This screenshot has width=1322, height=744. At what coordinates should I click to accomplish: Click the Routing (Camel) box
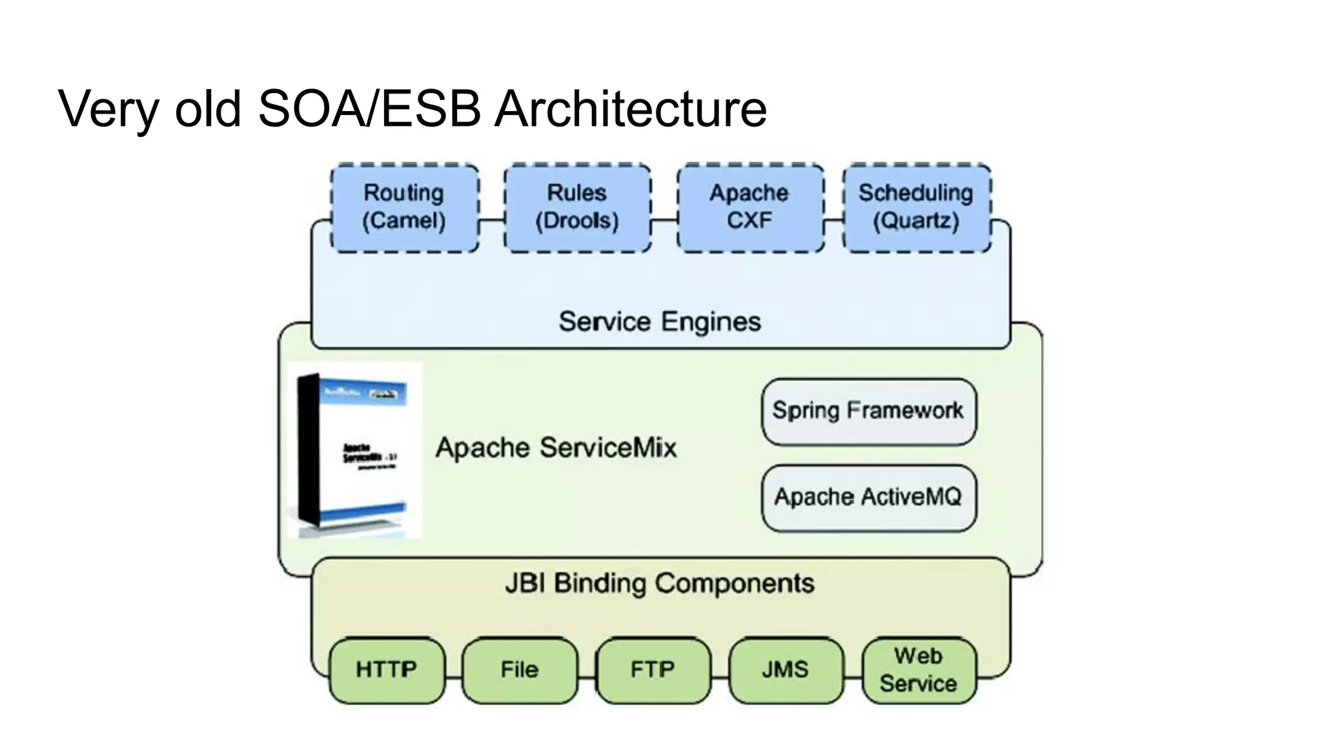[x=405, y=207]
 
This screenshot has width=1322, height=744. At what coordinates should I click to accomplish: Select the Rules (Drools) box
[x=577, y=207]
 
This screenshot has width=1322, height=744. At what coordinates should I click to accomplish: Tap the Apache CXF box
[x=750, y=207]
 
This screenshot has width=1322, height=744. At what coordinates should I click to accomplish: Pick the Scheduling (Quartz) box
[x=917, y=207]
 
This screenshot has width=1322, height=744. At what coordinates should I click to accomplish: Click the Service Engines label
[x=660, y=322]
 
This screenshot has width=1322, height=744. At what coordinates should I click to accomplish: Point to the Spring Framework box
[x=868, y=411]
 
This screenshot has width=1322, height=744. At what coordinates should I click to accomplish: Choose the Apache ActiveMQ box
[x=868, y=497]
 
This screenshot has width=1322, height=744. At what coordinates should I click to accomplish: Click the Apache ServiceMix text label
[x=556, y=448]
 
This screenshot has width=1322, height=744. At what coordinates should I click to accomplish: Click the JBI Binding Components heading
[x=660, y=583]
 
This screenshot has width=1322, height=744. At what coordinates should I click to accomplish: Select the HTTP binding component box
[x=387, y=670]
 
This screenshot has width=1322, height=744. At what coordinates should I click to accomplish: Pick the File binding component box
[x=520, y=670]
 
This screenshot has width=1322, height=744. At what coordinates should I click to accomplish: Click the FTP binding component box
[x=653, y=670]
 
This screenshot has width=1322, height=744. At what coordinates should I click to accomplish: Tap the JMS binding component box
[x=786, y=670]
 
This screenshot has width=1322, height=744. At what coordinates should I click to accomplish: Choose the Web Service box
[x=919, y=670]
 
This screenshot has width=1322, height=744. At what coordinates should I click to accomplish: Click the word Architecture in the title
[x=631, y=108]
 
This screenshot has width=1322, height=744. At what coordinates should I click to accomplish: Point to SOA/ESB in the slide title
[x=369, y=108]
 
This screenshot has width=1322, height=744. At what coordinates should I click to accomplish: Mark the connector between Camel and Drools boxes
[x=492, y=220]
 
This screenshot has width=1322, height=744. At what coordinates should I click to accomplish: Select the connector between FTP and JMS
[x=720, y=677]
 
